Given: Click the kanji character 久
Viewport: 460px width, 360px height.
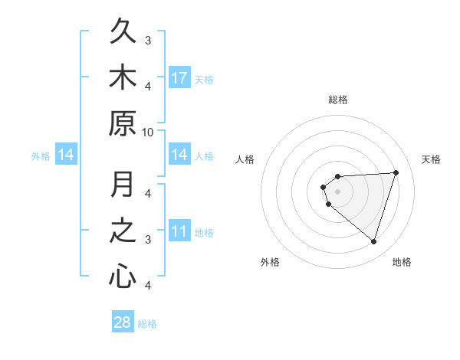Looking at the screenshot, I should tap(123, 33).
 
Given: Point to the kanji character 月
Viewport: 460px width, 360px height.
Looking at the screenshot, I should tap(123, 185).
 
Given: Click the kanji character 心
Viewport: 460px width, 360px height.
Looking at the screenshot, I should tap(123, 276).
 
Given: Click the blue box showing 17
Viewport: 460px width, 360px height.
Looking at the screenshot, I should tap(179, 77).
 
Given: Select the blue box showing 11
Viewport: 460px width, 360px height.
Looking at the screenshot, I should tap(179, 231).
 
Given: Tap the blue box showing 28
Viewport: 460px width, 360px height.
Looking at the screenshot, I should tap(123, 322).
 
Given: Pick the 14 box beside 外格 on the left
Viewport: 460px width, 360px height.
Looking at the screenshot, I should tap(66, 155).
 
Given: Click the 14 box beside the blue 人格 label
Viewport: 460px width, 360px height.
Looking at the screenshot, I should tap(179, 155).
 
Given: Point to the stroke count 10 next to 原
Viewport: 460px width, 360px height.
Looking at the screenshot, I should tap(148, 131).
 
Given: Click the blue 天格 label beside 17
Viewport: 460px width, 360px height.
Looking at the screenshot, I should tap(204, 79).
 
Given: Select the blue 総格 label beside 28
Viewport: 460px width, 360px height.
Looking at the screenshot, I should tap(147, 324).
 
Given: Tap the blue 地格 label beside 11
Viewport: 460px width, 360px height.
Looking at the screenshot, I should tap(204, 233).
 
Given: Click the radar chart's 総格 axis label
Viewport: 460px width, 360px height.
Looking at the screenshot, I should tap(337, 100).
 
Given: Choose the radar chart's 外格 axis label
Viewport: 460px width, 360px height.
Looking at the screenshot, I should tap(270, 262).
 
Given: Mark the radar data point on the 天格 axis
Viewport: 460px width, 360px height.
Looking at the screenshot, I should tap(396, 172).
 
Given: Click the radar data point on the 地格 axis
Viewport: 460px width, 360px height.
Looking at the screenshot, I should tap(373, 242).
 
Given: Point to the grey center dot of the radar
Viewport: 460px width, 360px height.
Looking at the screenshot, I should tap(337, 191).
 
